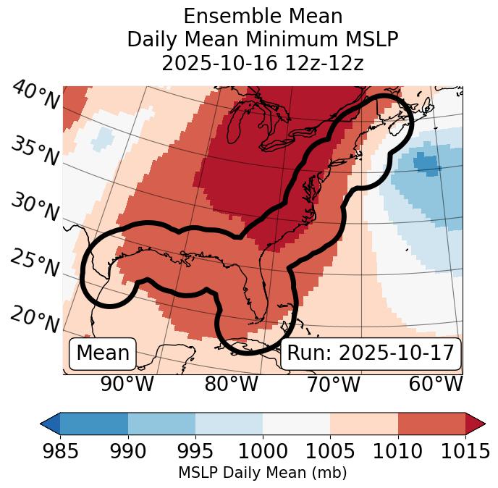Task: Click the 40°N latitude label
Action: [x=35, y=96]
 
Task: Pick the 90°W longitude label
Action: [x=127, y=384]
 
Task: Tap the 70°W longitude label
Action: [x=333, y=384]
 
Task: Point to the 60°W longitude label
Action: [x=436, y=384]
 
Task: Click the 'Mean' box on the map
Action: [x=103, y=353]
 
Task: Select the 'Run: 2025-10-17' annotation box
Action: [x=371, y=353]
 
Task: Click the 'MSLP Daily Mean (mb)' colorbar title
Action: [x=262, y=473]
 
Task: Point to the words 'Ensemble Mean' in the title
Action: [x=263, y=16]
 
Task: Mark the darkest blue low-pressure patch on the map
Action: [x=427, y=165]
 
